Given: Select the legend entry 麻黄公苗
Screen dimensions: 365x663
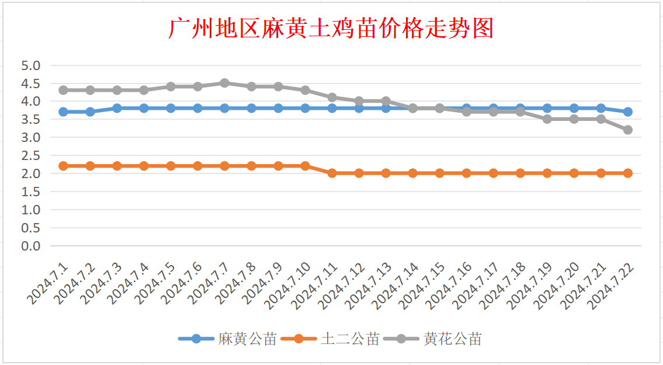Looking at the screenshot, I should pos(247,339).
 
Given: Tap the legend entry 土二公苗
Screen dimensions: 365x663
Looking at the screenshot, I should pos(350,339).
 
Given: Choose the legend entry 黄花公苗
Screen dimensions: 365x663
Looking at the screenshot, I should pos(453,339).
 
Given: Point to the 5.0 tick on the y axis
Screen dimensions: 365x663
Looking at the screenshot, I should pos(31,65).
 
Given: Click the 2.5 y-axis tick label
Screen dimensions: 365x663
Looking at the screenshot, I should pos(31,155).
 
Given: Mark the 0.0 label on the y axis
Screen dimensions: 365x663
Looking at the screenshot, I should pos(31,246).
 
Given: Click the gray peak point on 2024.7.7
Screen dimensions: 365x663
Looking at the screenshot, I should pos(224,83).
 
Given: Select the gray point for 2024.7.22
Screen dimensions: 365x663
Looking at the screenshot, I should pos(627,130).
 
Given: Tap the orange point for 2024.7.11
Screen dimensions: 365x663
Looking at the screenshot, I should pos(332,173).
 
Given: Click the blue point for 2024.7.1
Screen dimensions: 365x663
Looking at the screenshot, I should pos(63,112).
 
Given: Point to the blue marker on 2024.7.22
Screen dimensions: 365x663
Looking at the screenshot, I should pos(627,112).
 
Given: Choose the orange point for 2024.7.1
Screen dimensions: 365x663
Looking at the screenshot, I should pos(63,166).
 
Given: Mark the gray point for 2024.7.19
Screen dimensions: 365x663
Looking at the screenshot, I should pos(547,119).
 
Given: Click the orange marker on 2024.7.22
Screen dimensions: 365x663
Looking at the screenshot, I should pos(627,173).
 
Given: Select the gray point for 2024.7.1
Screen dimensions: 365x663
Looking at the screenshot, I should pos(63,90).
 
